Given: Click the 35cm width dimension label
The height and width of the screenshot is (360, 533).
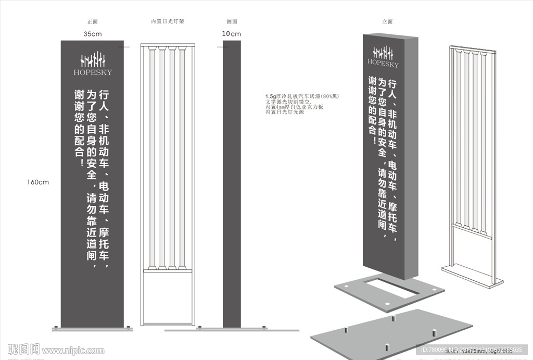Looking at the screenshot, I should (92, 34).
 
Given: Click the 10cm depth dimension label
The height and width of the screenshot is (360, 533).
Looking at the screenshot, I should (232, 34).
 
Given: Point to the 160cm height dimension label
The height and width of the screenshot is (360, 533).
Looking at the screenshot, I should (38, 182).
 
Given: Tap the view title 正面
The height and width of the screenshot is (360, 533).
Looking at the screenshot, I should (93, 22).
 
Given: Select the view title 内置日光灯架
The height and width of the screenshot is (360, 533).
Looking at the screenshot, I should (168, 22).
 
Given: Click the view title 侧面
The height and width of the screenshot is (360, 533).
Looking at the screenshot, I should (232, 22).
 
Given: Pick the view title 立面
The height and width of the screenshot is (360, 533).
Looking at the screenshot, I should (387, 22).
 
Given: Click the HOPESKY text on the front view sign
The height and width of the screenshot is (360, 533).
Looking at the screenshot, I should (93, 72).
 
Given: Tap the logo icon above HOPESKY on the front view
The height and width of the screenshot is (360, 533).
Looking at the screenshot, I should (93, 59).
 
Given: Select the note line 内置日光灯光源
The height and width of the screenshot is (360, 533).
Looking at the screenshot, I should (285, 112).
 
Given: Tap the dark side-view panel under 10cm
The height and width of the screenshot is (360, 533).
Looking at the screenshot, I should (232, 182).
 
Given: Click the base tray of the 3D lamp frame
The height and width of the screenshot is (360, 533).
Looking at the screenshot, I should (472, 276).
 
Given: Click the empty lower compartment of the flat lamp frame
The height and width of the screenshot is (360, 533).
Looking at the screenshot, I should (168, 297).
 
